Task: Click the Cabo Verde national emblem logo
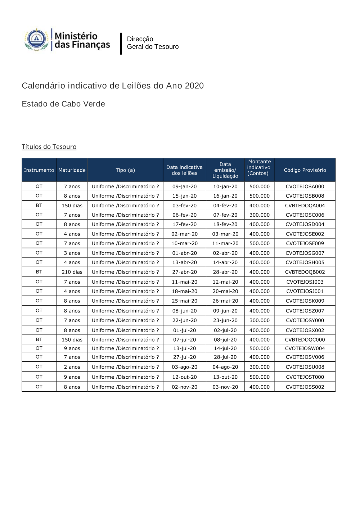[x=36, y=39]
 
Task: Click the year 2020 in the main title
[x=194, y=86]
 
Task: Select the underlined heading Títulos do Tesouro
[x=49, y=147]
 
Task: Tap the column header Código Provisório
[x=305, y=170]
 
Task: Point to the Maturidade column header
[x=72, y=170]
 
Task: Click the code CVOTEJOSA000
[x=305, y=186]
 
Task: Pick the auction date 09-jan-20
[x=184, y=186]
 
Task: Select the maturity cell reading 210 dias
[x=72, y=272]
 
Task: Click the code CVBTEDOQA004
[x=305, y=206]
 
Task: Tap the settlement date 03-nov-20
[x=225, y=387]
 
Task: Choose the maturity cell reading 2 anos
[x=72, y=367]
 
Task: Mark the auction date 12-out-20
[x=184, y=377]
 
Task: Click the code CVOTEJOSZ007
[x=305, y=311]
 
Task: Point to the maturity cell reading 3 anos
[x=72, y=253]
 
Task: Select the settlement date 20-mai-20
[x=225, y=291]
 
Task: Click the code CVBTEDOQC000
[x=305, y=340]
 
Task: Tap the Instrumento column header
[x=39, y=170]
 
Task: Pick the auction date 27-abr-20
[x=184, y=272]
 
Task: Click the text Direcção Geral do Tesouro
[x=153, y=43]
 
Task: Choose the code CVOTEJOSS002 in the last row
[x=305, y=387]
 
